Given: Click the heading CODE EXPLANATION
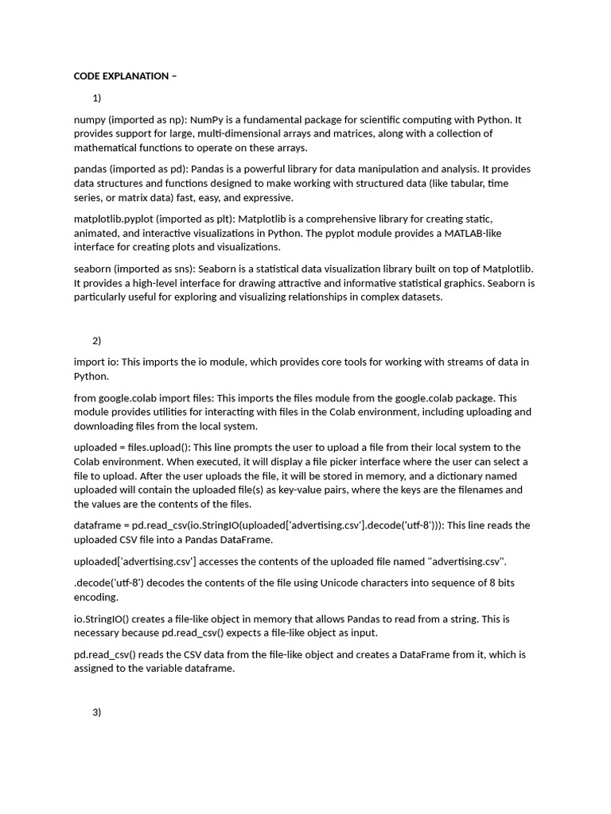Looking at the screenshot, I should [121, 76].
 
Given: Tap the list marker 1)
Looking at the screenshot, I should [97, 99].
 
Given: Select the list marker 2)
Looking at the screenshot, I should [97, 341].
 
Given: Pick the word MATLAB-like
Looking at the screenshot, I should [474, 233].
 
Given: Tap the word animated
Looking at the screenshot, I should [96, 233].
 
